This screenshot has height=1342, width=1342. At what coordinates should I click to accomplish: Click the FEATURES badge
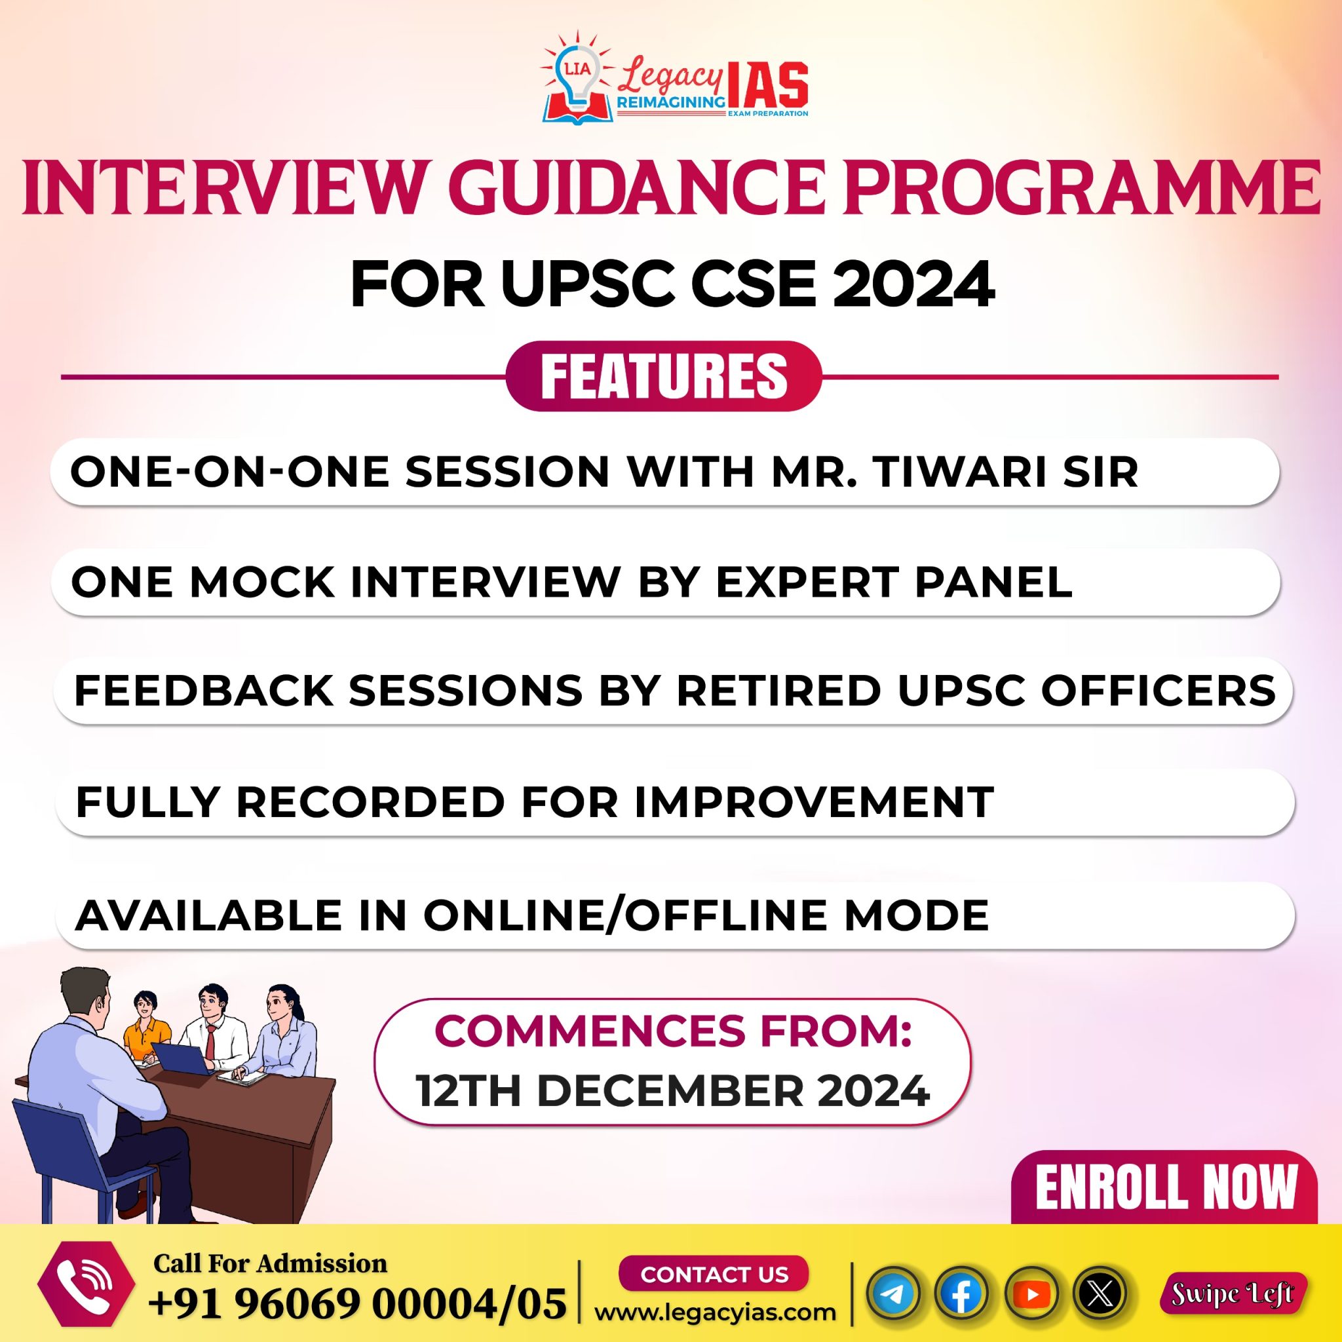pos(663,377)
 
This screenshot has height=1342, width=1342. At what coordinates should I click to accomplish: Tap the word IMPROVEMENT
pos(813,801)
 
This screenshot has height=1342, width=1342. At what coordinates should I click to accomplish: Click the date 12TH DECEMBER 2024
pos(672,1091)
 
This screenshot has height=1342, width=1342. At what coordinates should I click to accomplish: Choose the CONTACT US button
pos(714,1274)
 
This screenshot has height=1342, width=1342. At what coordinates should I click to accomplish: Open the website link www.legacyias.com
pos(716,1312)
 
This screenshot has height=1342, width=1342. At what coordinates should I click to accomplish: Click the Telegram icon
pos(893,1294)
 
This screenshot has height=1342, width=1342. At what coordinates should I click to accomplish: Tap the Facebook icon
pos(962,1294)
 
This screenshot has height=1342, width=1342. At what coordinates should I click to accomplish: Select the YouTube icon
pos(1031,1294)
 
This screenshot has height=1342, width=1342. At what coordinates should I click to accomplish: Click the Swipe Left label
pos(1233,1294)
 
